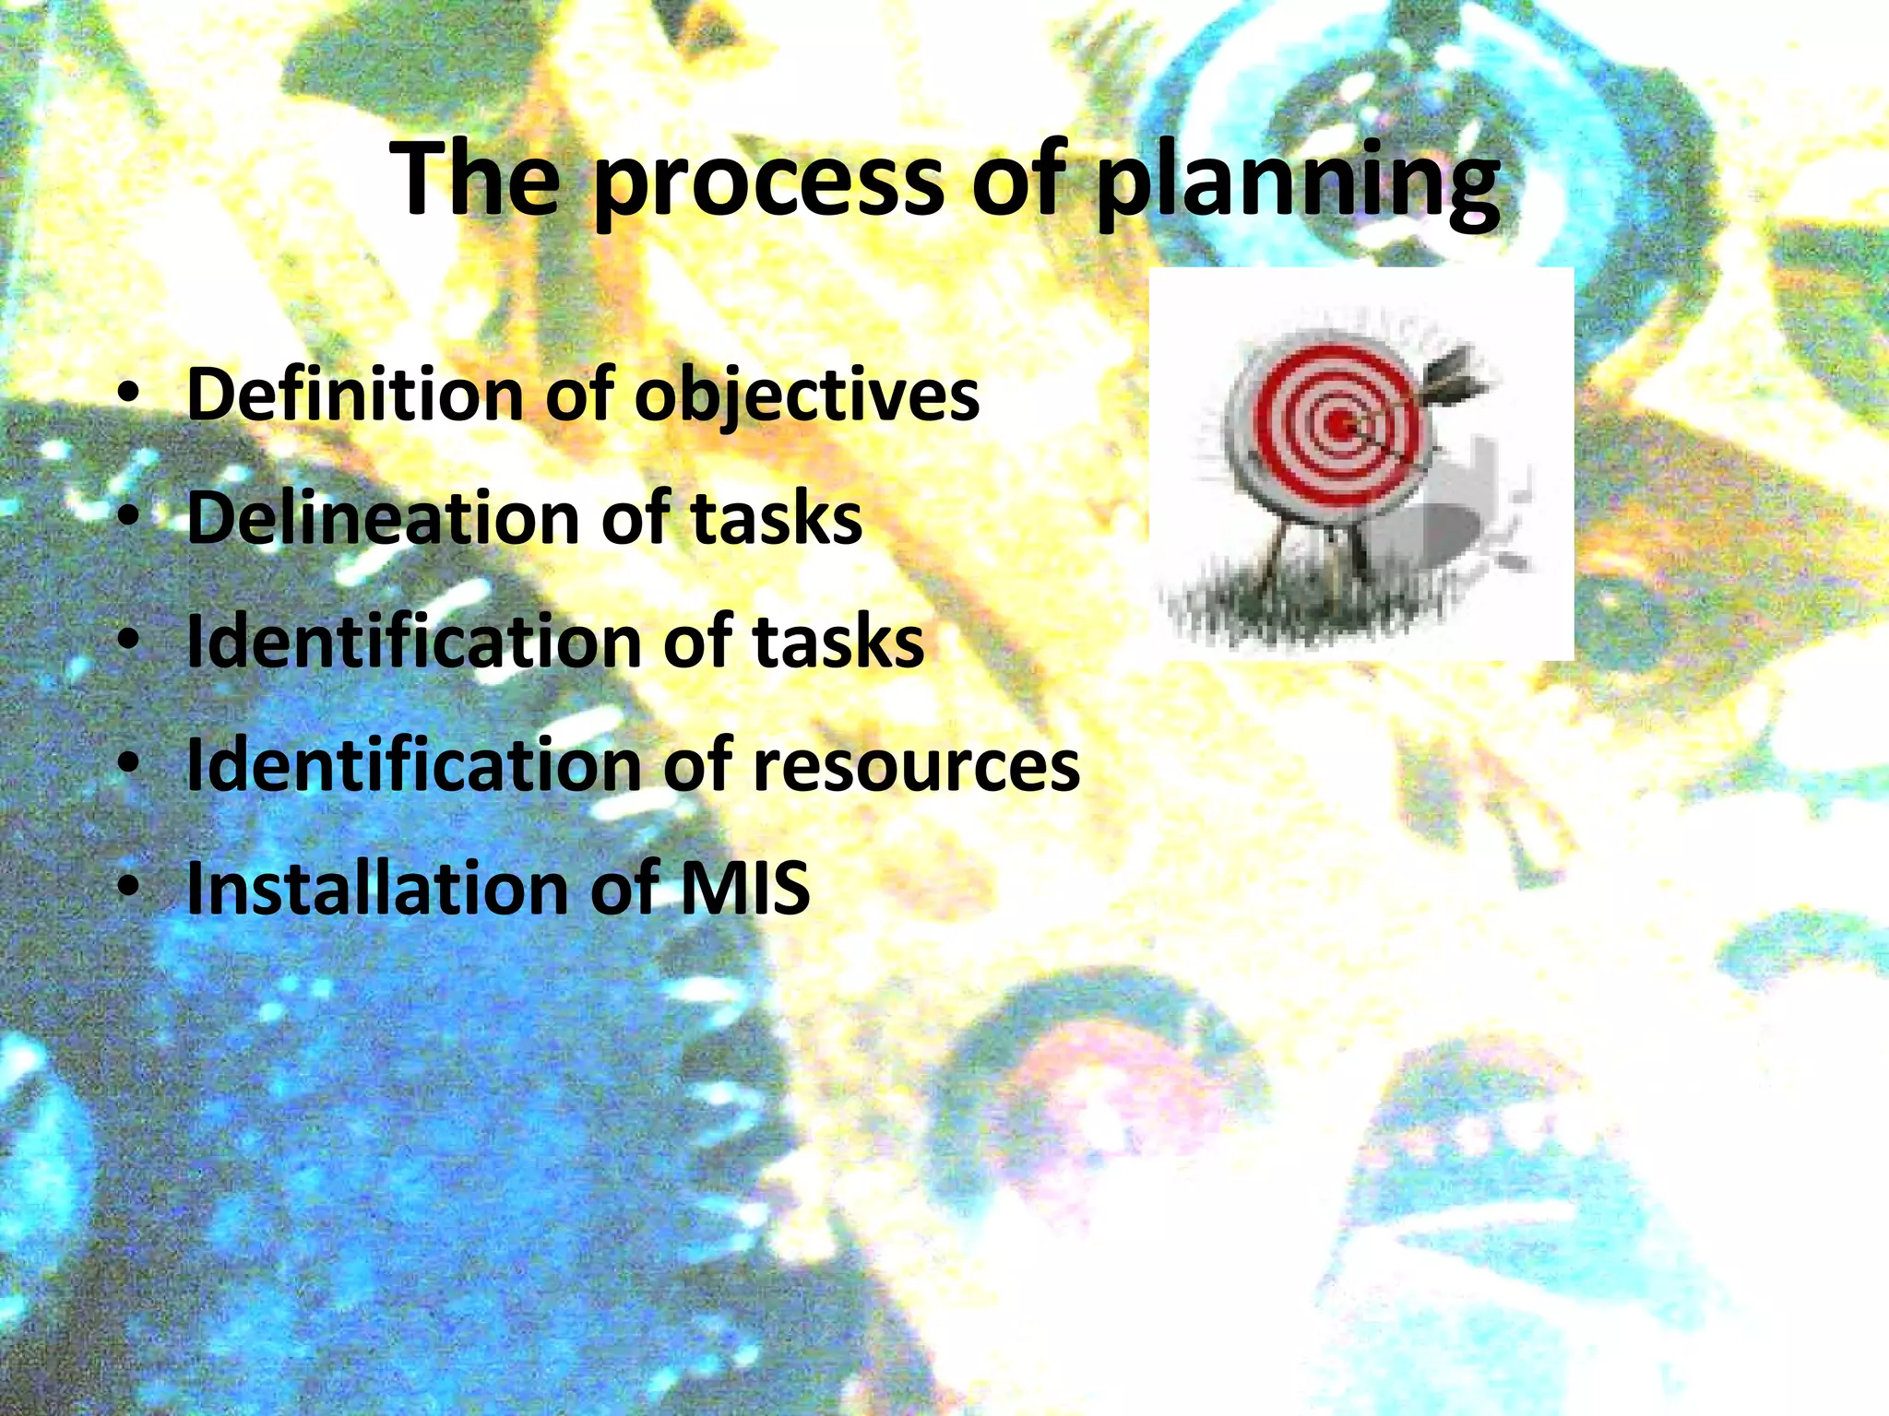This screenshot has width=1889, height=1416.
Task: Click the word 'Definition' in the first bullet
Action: [x=356, y=395]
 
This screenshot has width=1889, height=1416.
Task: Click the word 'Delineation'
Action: [x=382, y=518]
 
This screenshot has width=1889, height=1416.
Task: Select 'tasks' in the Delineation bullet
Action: [x=777, y=518]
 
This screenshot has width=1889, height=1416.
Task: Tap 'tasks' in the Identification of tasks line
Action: [x=838, y=642]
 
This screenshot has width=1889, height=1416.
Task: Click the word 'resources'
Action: [x=916, y=766]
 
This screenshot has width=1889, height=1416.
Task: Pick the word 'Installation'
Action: [x=377, y=888]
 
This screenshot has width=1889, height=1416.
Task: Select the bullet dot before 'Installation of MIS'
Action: [x=129, y=890]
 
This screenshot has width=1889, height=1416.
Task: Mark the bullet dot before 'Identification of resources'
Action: [x=129, y=766]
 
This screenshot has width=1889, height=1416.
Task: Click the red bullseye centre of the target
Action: [x=1339, y=425]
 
